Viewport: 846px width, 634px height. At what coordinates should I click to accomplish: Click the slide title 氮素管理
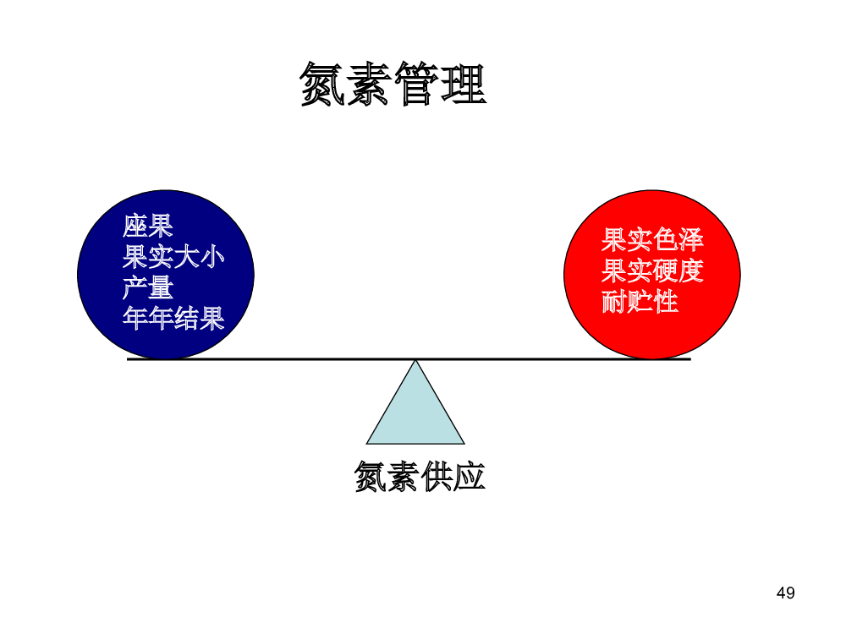[x=393, y=84]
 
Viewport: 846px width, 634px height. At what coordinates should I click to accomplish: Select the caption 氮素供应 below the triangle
[x=420, y=477]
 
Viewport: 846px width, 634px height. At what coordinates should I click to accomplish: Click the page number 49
[x=786, y=593]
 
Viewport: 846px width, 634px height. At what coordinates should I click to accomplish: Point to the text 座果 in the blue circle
[x=148, y=226]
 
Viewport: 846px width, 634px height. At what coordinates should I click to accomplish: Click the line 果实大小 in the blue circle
[x=173, y=257]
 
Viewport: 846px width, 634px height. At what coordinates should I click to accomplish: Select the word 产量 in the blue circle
[x=148, y=287]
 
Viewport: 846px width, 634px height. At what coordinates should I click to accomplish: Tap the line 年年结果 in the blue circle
[x=173, y=318]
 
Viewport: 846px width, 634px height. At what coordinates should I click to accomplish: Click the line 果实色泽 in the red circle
[x=652, y=240]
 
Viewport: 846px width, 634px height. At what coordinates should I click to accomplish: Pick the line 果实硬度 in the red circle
[x=652, y=271]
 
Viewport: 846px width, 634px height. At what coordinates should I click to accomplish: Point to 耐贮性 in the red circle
[x=640, y=302]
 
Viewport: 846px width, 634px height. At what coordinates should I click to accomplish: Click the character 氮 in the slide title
[x=322, y=84]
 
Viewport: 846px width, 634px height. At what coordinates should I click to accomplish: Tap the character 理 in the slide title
[x=464, y=84]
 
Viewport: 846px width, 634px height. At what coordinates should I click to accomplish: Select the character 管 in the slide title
[x=417, y=84]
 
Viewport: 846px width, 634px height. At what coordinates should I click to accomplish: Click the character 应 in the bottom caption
[x=470, y=477]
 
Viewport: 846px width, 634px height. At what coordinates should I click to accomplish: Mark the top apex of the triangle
[x=415, y=360]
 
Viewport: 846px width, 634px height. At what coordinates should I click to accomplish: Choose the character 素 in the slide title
[x=370, y=84]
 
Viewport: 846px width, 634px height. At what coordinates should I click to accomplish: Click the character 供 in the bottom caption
[x=436, y=477]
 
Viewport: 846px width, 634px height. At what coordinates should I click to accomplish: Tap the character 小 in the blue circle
[x=212, y=257]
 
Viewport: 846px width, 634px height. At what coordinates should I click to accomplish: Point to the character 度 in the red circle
[x=691, y=271]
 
